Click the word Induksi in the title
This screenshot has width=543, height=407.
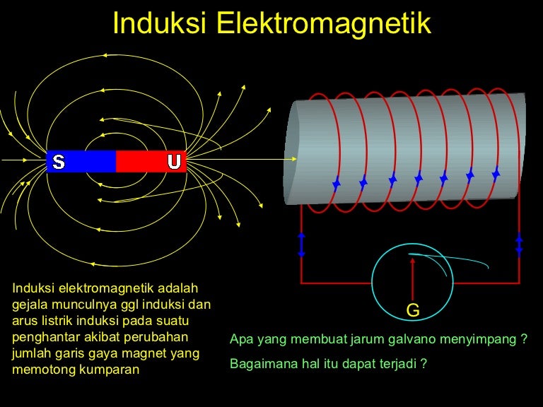pyautogui.click(x=160, y=23)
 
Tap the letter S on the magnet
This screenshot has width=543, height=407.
pyautogui.click(x=58, y=163)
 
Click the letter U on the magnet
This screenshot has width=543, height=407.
pyautogui.click(x=174, y=162)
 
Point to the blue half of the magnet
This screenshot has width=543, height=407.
pyautogui.click(x=81, y=162)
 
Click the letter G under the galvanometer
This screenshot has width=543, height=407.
pyautogui.click(x=413, y=310)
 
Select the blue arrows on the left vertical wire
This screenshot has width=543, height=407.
pyautogui.click(x=301, y=244)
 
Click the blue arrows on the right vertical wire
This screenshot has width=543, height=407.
pyautogui.click(x=519, y=244)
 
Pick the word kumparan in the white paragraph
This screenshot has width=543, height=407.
pyautogui.click(x=112, y=369)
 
